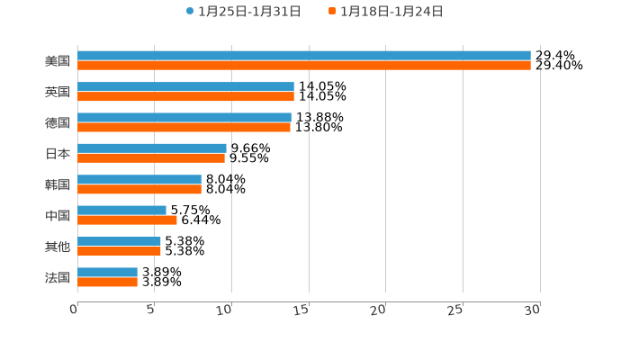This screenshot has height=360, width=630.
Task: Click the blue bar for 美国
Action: [x=304, y=56]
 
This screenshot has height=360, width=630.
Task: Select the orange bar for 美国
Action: [x=304, y=66]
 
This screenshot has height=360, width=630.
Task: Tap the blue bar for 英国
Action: [x=185, y=86]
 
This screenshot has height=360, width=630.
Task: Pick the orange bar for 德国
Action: [x=184, y=127]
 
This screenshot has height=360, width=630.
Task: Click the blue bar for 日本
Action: [x=152, y=148]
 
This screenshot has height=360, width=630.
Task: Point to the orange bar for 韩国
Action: [x=139, y=189]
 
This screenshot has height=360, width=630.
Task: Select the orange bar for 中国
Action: [x=127, y=220]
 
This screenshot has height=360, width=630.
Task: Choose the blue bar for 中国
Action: [x=121, y=211]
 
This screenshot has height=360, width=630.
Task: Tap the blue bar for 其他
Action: [x=119, y=241]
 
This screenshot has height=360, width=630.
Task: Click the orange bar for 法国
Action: [x=107, y=282]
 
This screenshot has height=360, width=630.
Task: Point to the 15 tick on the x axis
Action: [x=302, y=310]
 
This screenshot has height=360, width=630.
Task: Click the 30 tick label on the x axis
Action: [x=533, y=310]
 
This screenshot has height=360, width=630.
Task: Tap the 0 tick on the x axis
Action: [x=74, y=310]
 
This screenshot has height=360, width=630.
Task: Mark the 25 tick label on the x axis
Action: [x=455, y=310]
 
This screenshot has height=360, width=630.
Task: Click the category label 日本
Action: [x=58, y=154]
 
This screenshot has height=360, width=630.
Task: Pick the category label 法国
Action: [x=58, y=277]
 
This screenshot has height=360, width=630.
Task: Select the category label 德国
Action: [x=58, y=122]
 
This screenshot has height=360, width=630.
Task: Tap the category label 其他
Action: [x=58, y=247]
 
